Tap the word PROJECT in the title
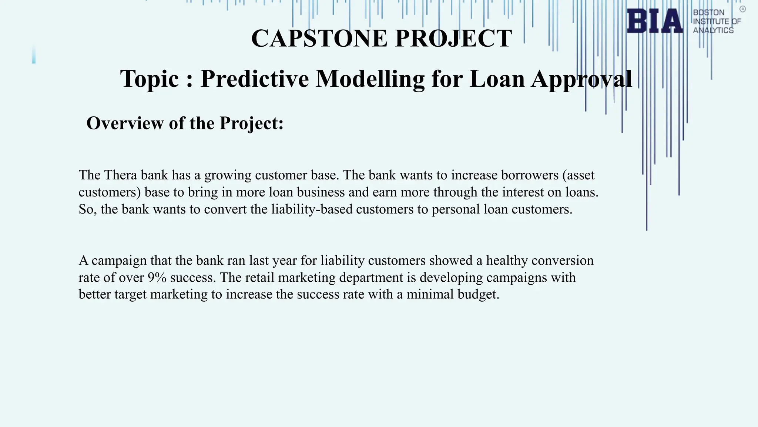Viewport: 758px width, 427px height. coord(453,39)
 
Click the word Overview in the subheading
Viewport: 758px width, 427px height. coord(125,123)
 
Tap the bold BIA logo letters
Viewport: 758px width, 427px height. coord(654,21)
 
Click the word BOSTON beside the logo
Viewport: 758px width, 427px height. coord(708,13)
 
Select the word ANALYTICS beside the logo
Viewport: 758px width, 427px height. coord(713,30)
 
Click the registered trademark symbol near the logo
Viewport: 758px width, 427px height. coord(742,9)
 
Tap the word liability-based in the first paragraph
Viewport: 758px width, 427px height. coord(312,209)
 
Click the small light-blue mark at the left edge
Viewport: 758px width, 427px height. coord(34,54)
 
